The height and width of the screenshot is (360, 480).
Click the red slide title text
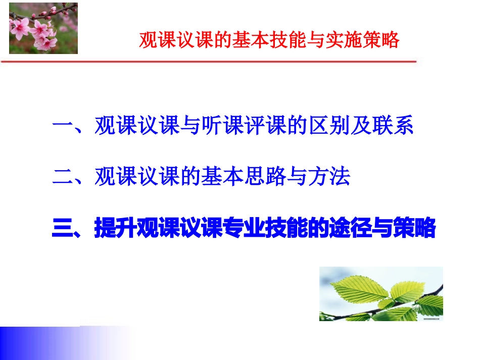coord(269,40)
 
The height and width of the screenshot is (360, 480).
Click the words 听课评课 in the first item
coord(244,127)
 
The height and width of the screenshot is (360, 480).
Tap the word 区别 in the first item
coord(328,127)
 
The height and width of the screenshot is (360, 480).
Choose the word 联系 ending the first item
coord(393,127)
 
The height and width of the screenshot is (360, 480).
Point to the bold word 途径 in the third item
coord(350,228)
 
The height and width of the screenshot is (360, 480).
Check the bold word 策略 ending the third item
coord(414,228)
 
